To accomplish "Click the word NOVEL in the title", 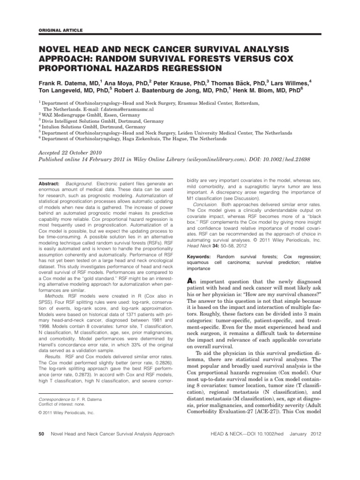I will click(x=56, y=48).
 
